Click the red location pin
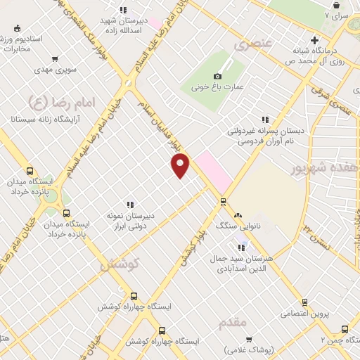(181, 166)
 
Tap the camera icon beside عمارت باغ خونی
(218, 76)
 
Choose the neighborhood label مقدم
(233, 323)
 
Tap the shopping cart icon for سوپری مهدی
(18, 71)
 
